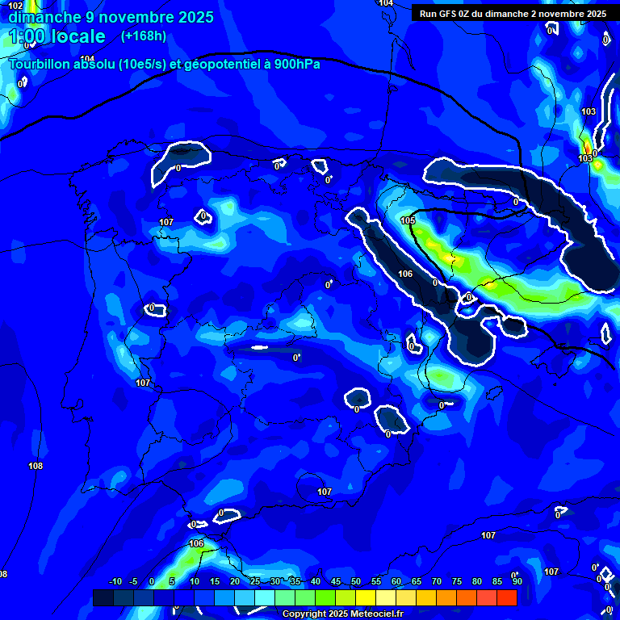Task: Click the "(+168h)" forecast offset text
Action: pyautogui.click(x=143, y=36)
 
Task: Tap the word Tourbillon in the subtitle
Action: pyautogui.click(x=40, y=65)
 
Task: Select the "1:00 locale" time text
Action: pyautogui.click(x=57, y=36)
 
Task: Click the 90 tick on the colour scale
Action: pyautogui.click(x=517, y=581)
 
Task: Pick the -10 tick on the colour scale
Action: pyautogui.click(x=115, y=581)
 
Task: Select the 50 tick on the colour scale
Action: pyautogui.click(x=356, y=581)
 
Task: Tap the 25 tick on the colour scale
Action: pyautogui.click(x=255, y=581)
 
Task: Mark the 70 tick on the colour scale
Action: pyautogui.click(x=437, y=581)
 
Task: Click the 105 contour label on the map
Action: pyautogui.click(x=408, y=220)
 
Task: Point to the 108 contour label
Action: pyautogui.click(x=36, y=466)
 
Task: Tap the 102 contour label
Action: pyautogui.click(x=16, y=6)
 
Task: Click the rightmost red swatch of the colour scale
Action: pyautogui.click(x=506, y=597)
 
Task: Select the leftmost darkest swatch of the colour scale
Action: pyautogui.click(x=103, y=597)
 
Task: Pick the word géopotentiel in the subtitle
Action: pyautogui.click(x=222, y=65)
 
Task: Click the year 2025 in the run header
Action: pyautogui.click(x=595, y=14)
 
